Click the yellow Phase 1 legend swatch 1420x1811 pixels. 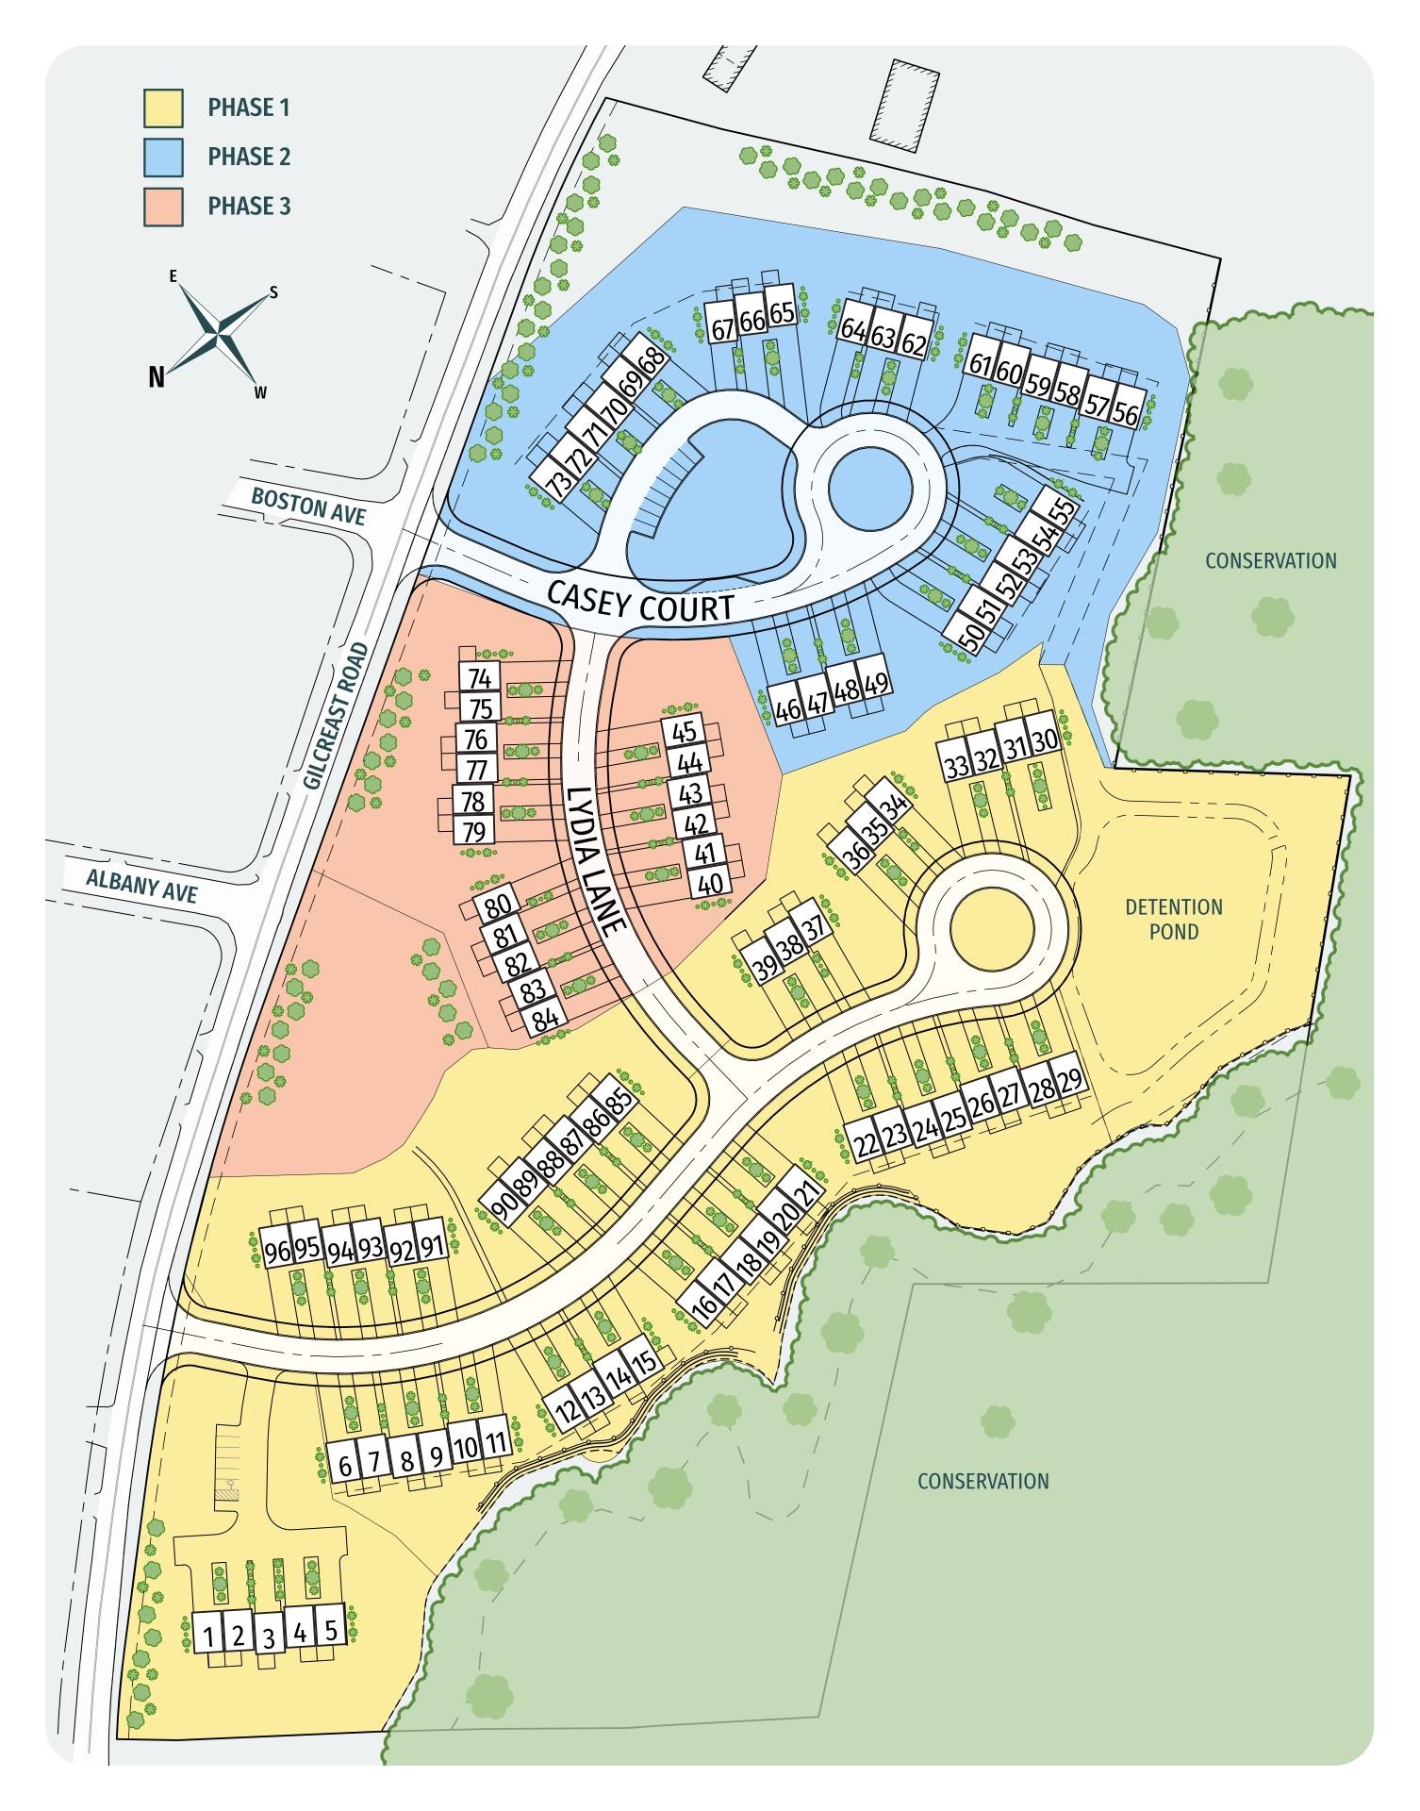pyautogui.click(x=163, y=108)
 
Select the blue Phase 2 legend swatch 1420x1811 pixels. pyautogui.click(x=163, y=158)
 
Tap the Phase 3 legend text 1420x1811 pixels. pyautogui.click(x=249, y=206)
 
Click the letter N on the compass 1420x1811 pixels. pyautogui.click(x=157, y=377)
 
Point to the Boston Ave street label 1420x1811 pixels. pyautogui.click(x=308, y=504)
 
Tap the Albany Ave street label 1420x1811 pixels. pyautogui.click(x=142, y=885)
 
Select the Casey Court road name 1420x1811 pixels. pyautogui.click(x=641, y=602)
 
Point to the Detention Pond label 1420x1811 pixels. pyautogui.click(x=1174, y=919)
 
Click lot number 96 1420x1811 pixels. pyautogui.click(x=277, y=1253)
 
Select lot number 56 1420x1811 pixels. pyautogui.click(x=1126, y=413)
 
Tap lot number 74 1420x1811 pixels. pyautogui.click(x=480, y=678)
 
